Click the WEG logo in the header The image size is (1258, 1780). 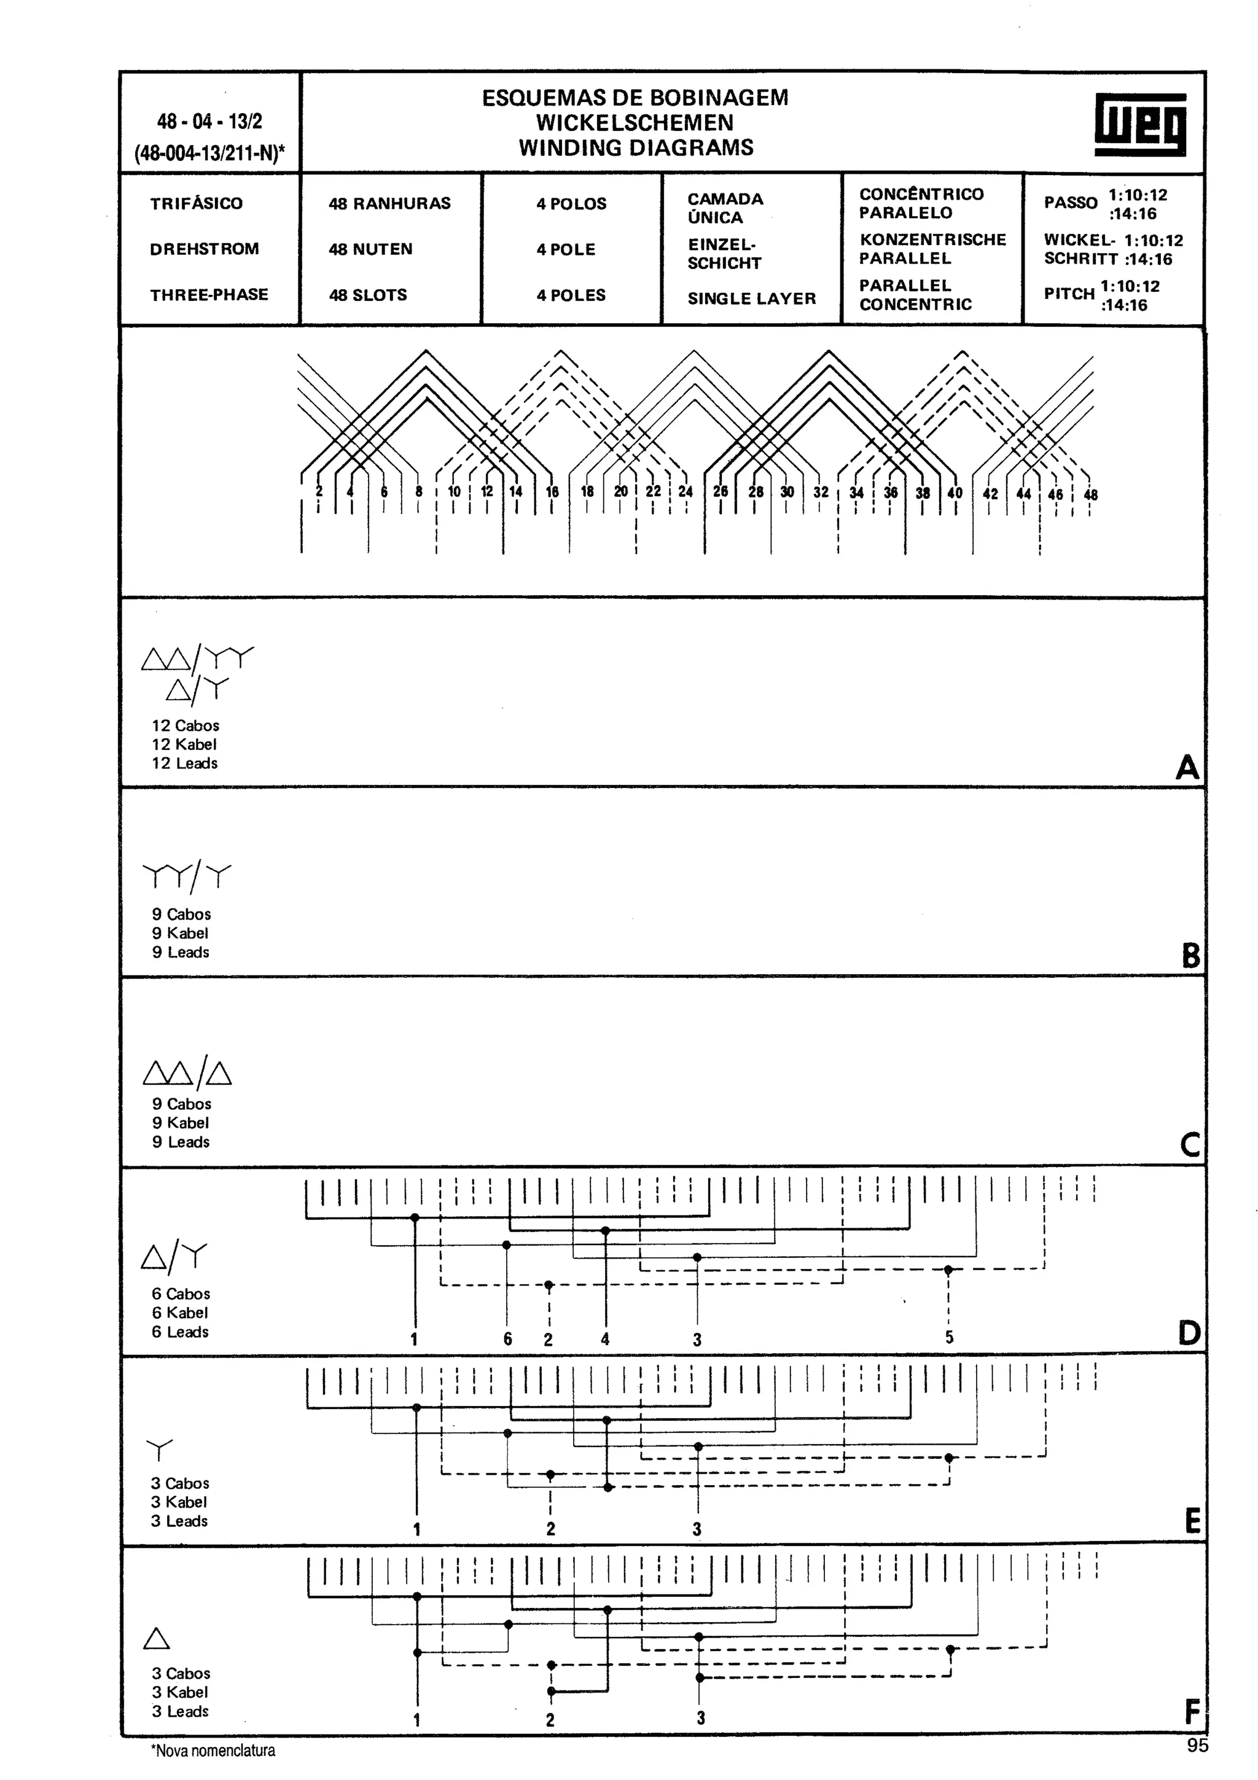pos(1139,124)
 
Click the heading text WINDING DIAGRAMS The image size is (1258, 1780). pos(636,147)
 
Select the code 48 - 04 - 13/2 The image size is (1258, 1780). pos(209,121)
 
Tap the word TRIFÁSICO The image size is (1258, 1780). pos(196,203)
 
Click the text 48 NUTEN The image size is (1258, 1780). pos(370,249)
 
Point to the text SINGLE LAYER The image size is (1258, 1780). pos(751,299)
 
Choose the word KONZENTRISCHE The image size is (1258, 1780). pos(932,240)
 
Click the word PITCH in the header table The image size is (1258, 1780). pos(1069,293)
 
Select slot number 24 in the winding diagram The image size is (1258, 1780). pos(685,491)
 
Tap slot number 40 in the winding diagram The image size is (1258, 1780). pos(955,492)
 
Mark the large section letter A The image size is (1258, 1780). pos(1187,768)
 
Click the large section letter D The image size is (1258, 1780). pos(1188,1333)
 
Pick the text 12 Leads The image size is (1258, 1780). pos(184,763)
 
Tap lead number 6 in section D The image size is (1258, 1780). pos(508,1339)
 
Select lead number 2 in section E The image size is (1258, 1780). pos(550,1529)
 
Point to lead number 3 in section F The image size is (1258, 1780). pos(700,1718)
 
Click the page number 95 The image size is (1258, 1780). pos(1197,1745)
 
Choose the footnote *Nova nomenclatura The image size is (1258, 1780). pos(213,1751)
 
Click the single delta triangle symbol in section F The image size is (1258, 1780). pos(157,1638)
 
